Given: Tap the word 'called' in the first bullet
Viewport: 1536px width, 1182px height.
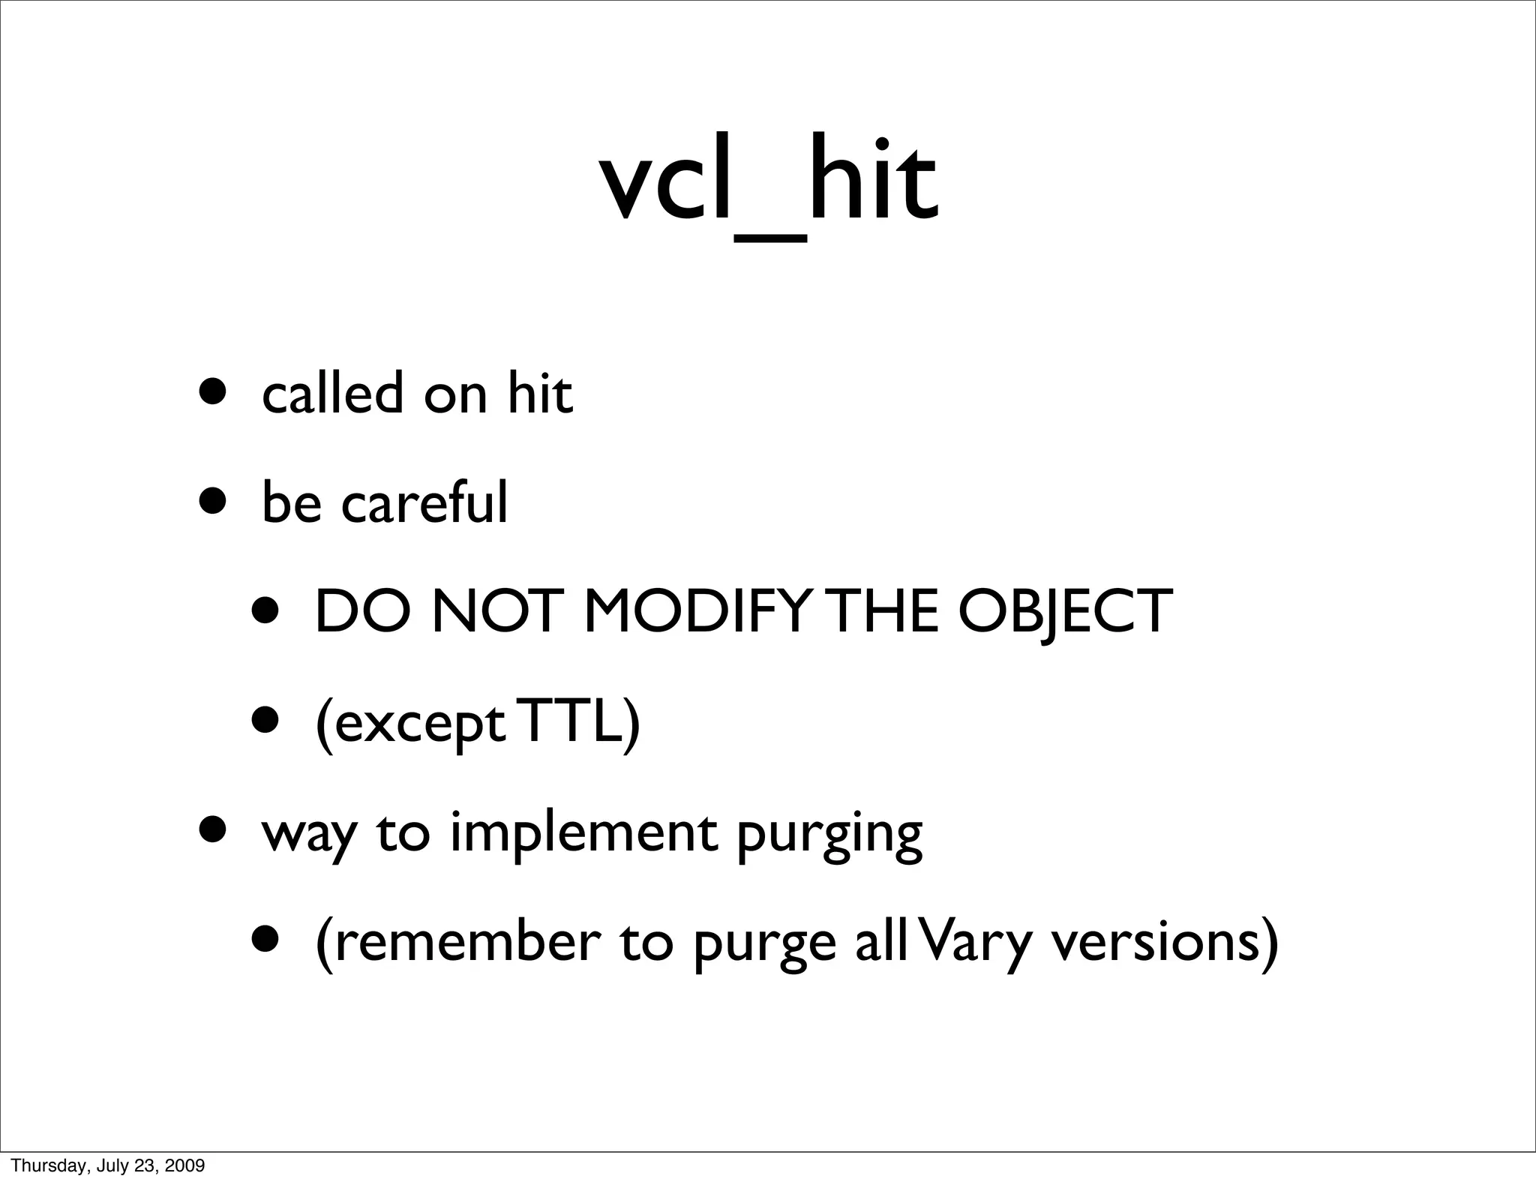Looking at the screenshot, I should point(332,393).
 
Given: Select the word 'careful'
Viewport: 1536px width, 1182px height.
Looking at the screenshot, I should point(424,502).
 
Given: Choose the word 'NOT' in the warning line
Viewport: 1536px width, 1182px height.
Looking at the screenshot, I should point(496,611).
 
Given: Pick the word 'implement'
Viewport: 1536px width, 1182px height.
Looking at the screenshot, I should point(583,834).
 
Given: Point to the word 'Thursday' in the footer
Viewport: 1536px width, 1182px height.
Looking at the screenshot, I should point(40,1165).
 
